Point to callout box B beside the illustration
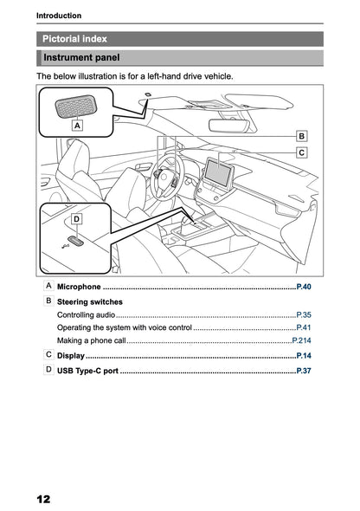click(301, 136)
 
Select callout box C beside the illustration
click(301, 152)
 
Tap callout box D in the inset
click(76, 219)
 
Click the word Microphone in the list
click(79, 286)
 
